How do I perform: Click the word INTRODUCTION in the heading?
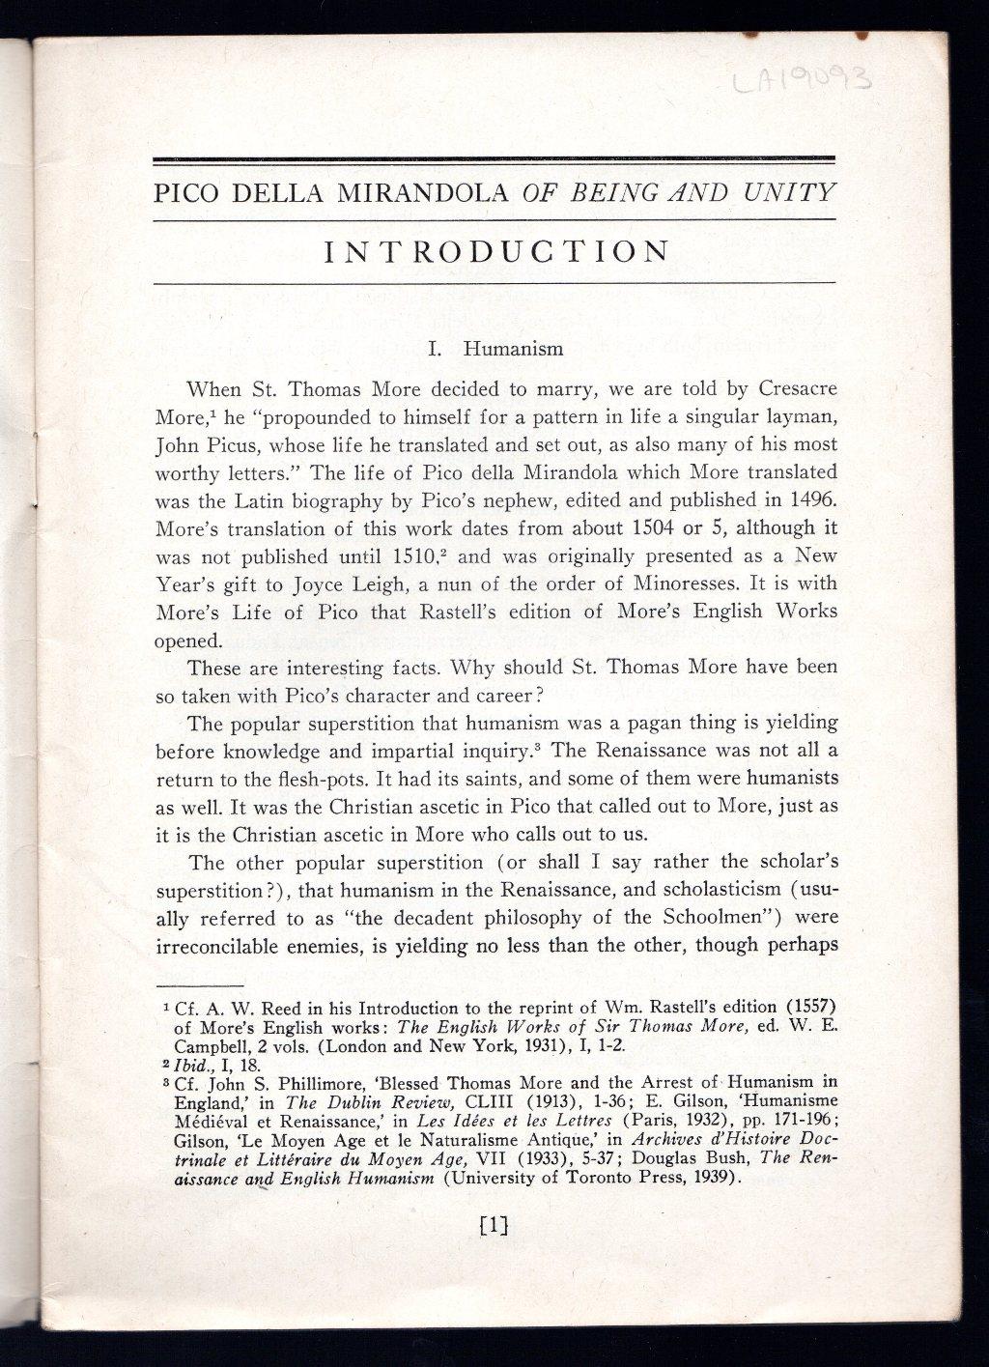click(x=495, y=252)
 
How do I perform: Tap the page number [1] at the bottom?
click(x=493, y=1226)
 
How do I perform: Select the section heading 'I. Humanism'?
click(x=495, y=348)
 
